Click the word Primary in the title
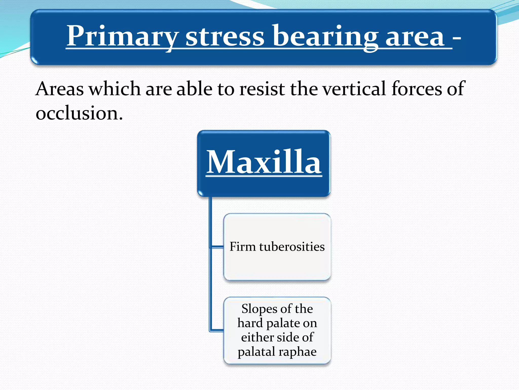pos(122,36)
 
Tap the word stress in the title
pos(225,36)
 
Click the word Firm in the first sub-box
pos(243,247)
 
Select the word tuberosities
pos(292,247)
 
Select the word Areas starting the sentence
pos(60,89)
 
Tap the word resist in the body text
pos(262,89)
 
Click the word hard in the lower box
pos(250,323)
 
